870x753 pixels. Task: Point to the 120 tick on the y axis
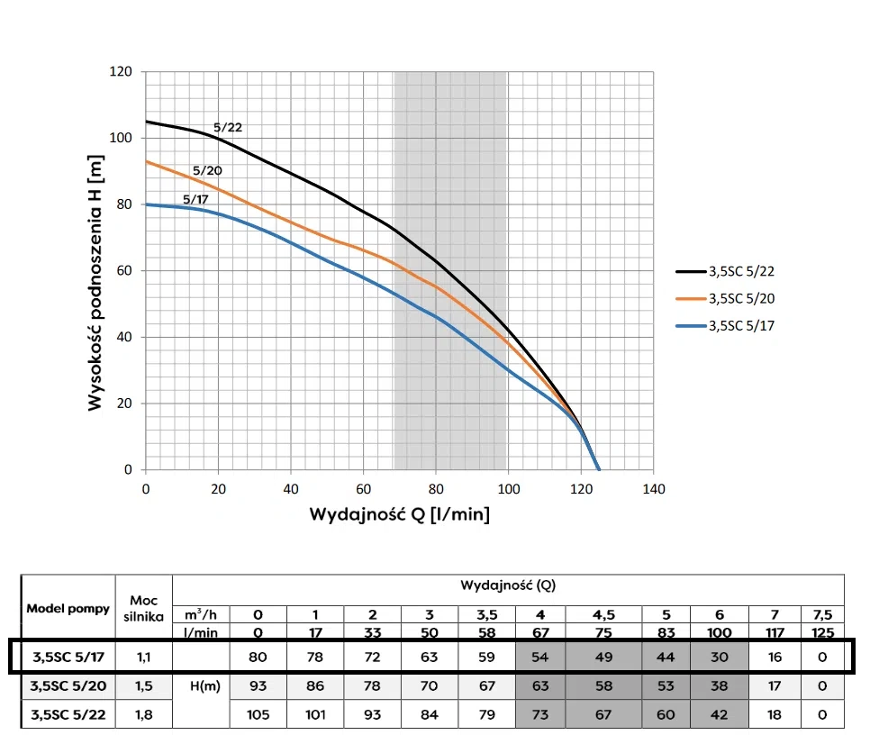[122, 72]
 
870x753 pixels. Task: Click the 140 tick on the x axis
[654, 489]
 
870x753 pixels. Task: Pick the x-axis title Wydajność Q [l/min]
[400, 515]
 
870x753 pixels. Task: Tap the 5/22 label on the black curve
[228, 127]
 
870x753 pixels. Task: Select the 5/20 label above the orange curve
[207, 170]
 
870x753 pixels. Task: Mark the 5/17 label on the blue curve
[197, 199]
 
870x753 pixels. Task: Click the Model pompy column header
[68, 608]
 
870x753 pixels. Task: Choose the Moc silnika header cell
[144, 608]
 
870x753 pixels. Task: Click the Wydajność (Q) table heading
[508, 585]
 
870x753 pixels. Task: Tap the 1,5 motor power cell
[144, 686]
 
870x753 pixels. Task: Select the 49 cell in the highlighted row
[603, 657]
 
